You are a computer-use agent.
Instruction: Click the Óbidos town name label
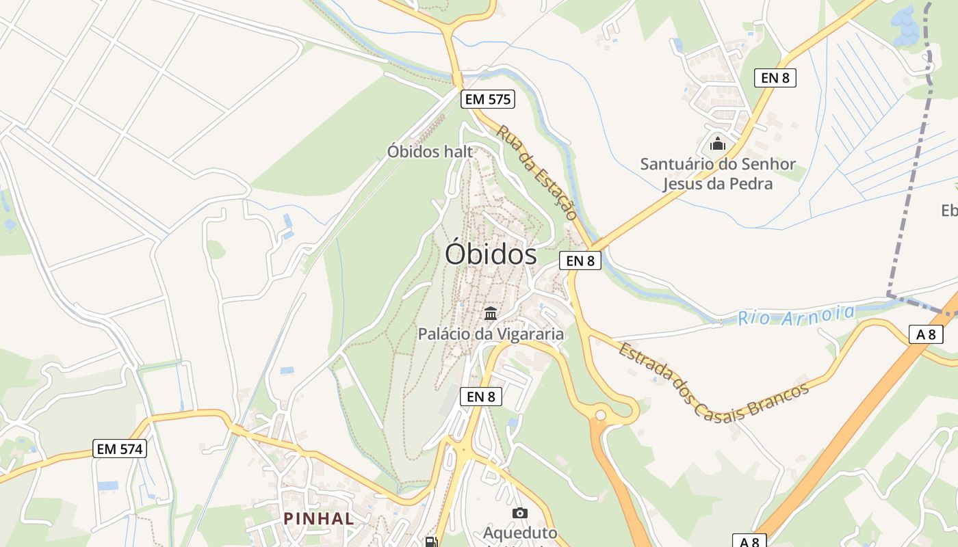coord(491,254)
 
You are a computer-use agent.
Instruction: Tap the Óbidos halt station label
coord(430,151)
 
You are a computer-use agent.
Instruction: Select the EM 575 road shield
coord(487,99)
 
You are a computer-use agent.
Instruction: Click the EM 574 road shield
coord(120,449)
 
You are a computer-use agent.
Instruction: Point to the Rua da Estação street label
coord(537,172)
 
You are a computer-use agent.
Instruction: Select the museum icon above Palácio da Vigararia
coord(491,314)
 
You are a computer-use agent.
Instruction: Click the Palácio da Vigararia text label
coord(491,334)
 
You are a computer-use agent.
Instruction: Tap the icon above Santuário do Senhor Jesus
coord(717,144)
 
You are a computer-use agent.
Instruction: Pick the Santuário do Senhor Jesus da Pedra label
coord(718,174)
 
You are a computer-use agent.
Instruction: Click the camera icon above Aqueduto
coord(519,513)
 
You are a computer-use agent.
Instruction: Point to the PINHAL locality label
coord(319,518)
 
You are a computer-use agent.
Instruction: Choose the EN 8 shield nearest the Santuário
coord(775,78)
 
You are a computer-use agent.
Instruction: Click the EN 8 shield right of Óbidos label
coord(580,261)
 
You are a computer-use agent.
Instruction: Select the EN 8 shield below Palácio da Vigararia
coord(481,396)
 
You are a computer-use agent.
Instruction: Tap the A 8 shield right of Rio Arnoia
coord(926,334)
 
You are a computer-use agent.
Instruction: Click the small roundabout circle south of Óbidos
coord(600,415)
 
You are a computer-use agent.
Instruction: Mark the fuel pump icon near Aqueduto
coord(431,542)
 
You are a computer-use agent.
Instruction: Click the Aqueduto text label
coord(520,533)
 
